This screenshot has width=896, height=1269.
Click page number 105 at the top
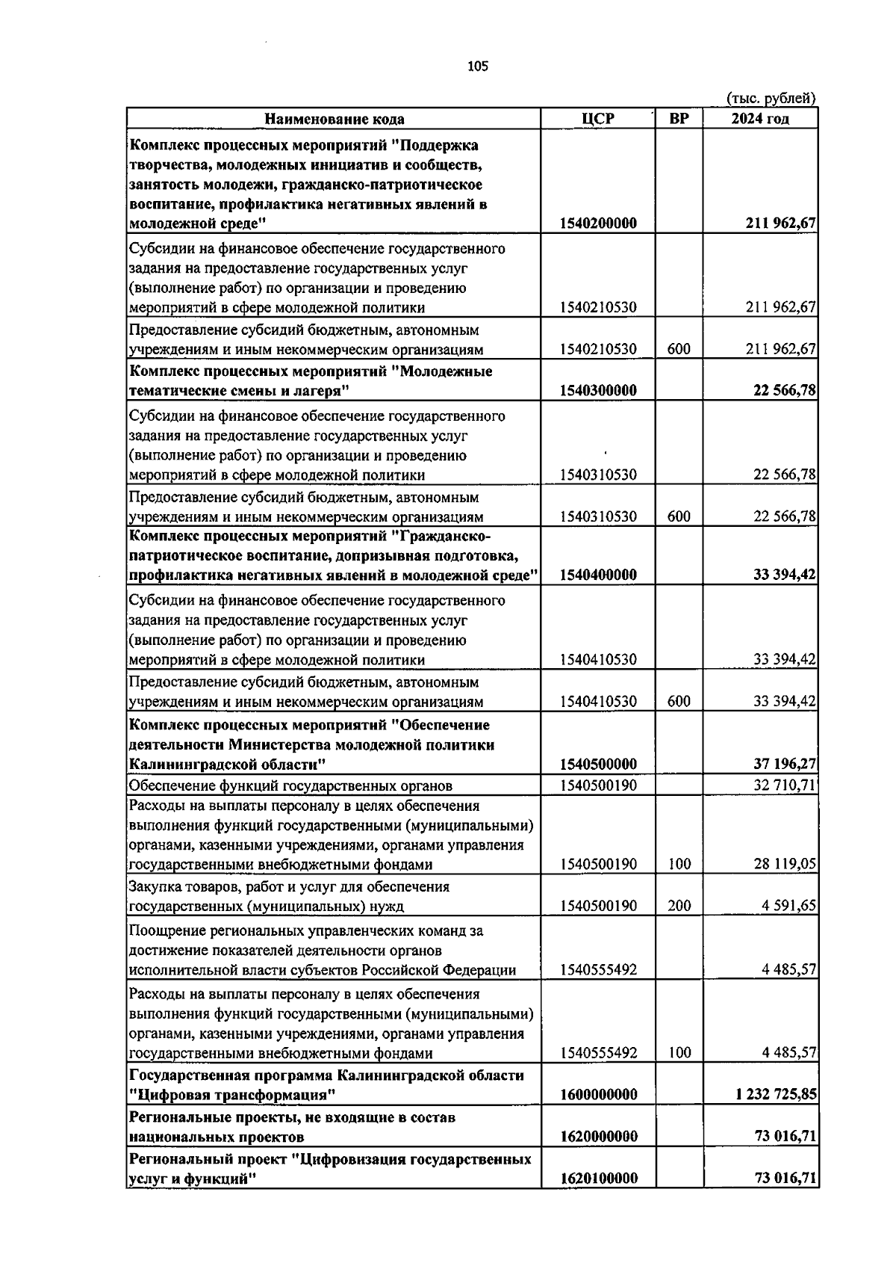[477, 67]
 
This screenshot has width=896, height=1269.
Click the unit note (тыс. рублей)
[771, 98]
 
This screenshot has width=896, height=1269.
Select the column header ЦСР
[597, 119]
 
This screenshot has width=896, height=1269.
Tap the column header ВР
[679, 119]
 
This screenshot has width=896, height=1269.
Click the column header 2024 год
[760, 119]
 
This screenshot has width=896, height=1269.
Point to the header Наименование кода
[335, 119]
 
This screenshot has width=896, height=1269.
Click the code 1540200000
[598, 223]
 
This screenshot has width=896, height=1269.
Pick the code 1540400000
[598, 575]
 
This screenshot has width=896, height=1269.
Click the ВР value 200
[679, 906]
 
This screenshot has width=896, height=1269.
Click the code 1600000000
[598, 1094]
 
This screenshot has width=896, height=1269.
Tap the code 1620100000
[598, 1178]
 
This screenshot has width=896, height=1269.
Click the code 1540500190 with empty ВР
[598, 785]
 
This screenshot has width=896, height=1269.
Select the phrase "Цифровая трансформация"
[231, 1094]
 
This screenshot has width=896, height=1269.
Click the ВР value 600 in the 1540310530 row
[679, 516]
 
